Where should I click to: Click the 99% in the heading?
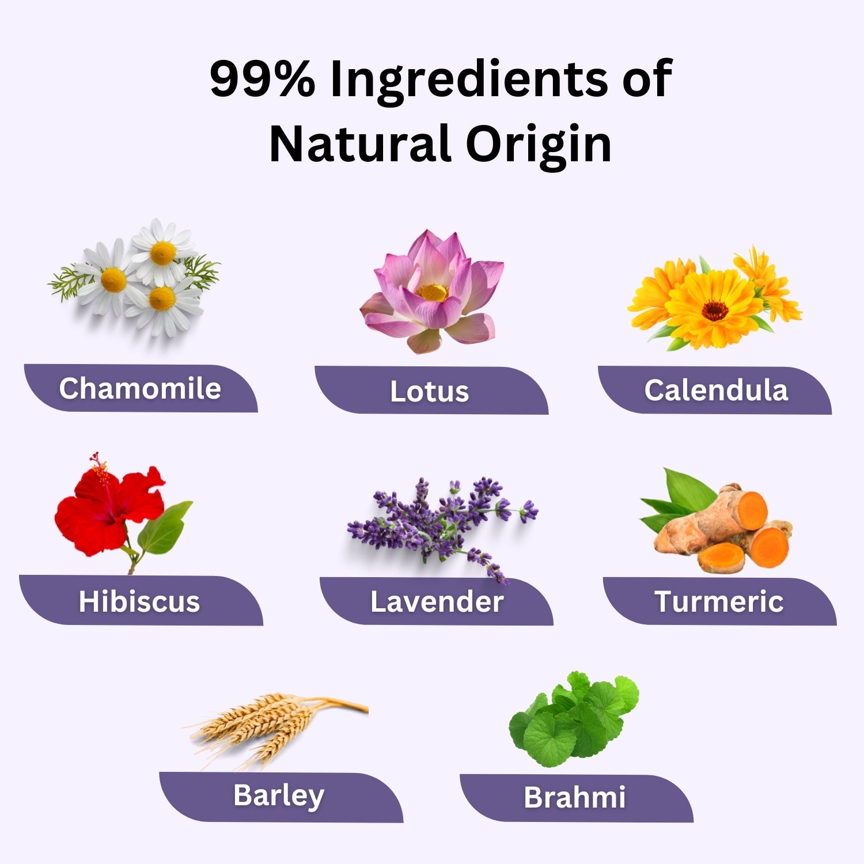(x=263, y=79)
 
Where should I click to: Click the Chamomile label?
(x=140, y=388)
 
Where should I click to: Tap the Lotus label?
(x=430, y=392)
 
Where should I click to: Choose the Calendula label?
(x=716, y=391)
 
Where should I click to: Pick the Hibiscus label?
(x=139, y=601)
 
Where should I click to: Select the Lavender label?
(x=437, y=602)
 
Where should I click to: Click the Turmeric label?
(x=719, y=602)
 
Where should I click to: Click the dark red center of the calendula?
(x=715, y=310)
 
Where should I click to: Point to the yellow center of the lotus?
(x=432, y=293)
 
